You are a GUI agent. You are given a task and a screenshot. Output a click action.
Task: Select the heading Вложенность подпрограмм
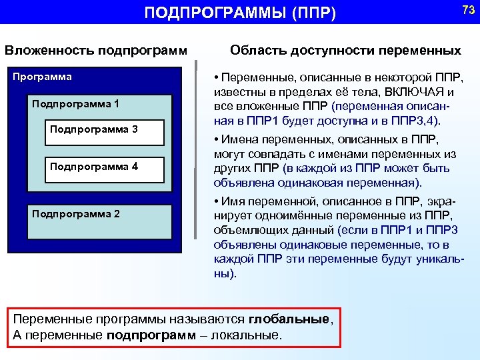(95, 50)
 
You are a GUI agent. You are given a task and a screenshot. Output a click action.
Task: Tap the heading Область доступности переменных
(345, 50)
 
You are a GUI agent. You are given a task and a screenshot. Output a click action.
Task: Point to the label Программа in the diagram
(43, 77)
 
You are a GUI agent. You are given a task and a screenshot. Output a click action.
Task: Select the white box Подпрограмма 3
(94, 129)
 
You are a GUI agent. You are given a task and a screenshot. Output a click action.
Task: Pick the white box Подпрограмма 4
(94, 166)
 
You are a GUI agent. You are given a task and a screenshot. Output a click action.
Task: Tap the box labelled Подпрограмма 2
(75, 214)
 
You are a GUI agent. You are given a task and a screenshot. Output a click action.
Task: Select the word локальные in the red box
(246, 335)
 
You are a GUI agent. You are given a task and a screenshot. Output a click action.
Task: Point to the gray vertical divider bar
(196, 150)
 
